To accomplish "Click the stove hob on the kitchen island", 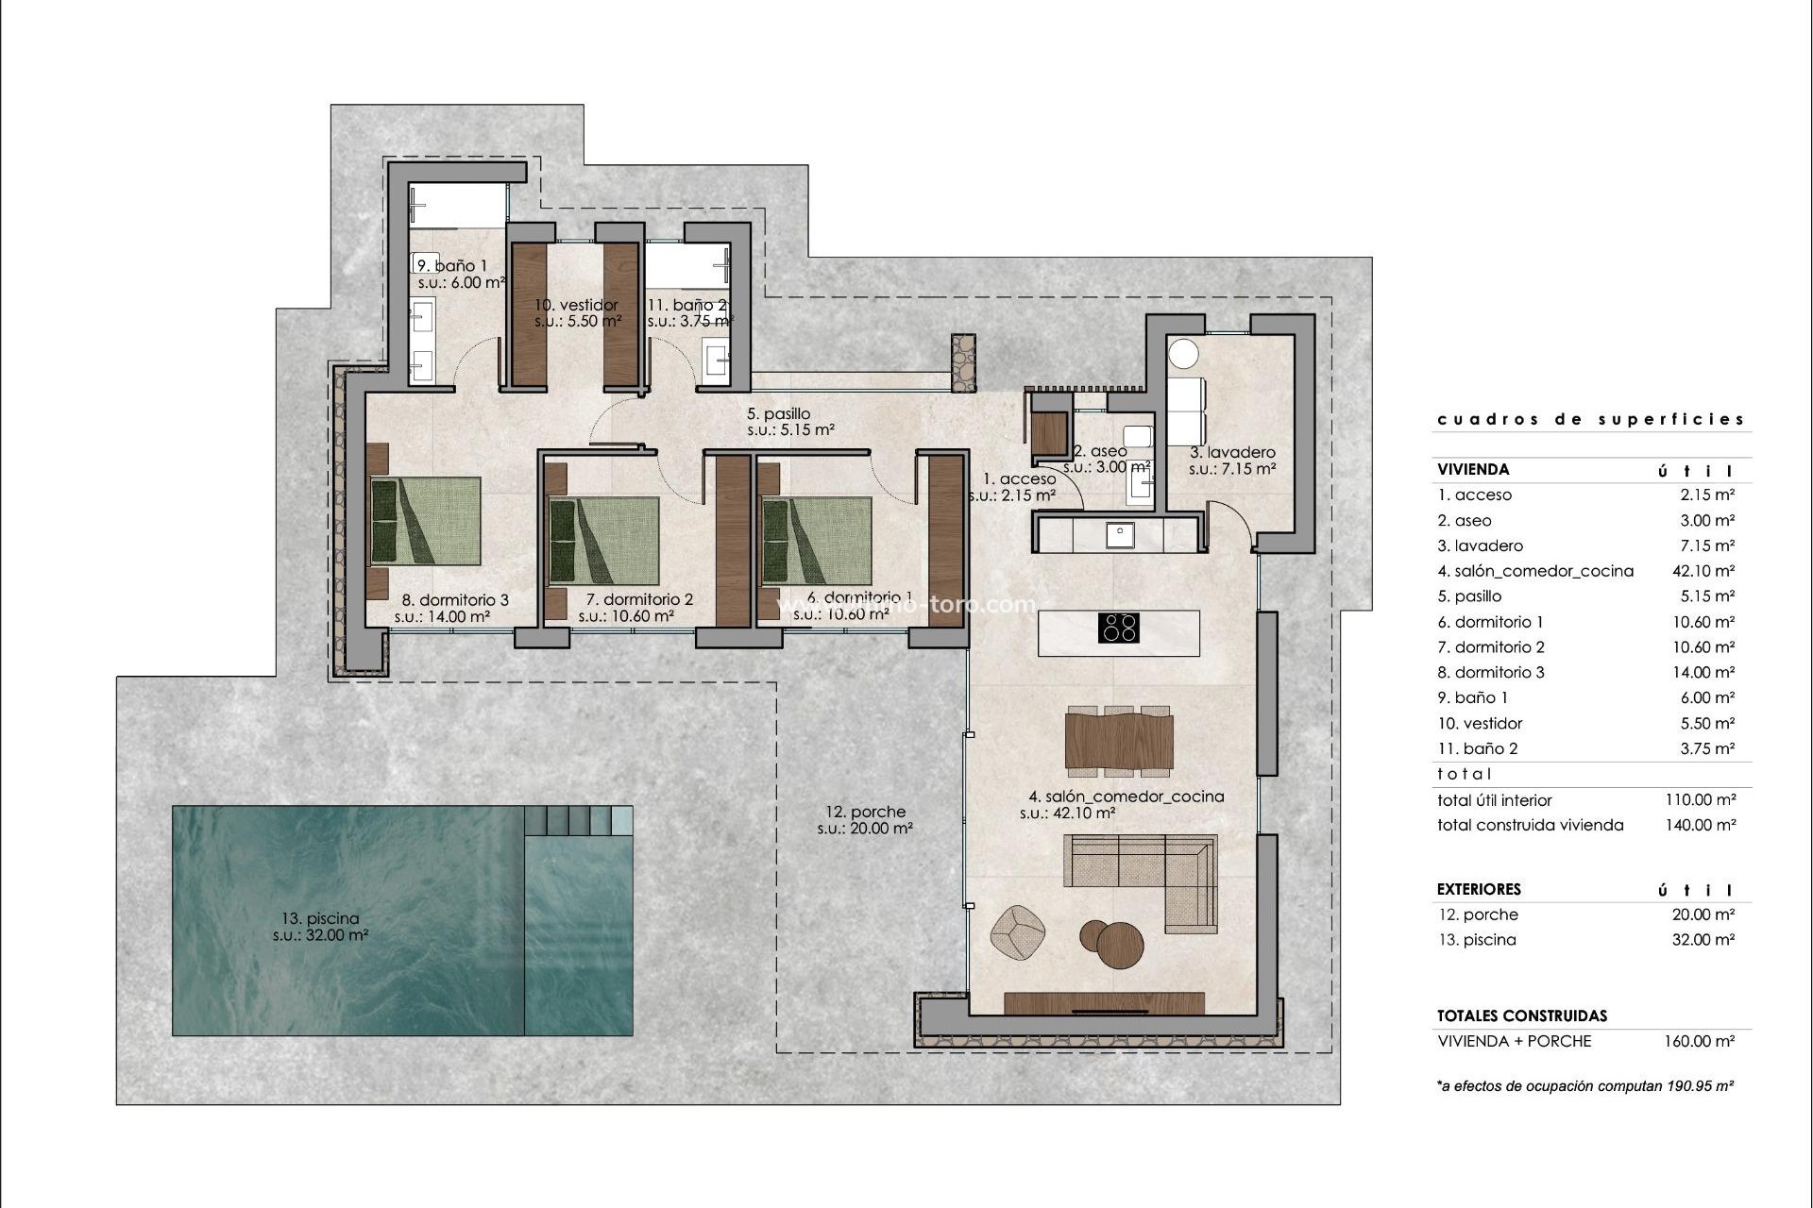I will click(1119, 628).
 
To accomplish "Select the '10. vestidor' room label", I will click(576, 305).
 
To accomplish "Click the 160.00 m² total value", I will click(1699, 1041).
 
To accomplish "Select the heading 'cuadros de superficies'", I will click(1590, 419).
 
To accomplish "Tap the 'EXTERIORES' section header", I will click(1479, 889).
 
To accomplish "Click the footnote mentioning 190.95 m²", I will click(1585, 1086).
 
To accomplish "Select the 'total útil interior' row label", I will click(1495, 800).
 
